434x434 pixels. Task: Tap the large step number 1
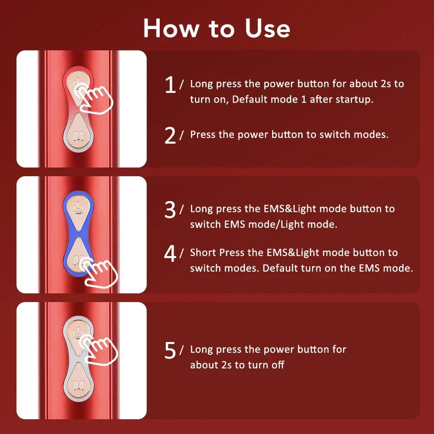[171, 85]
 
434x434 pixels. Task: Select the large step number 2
[171, 135]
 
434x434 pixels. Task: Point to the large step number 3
[171, 210]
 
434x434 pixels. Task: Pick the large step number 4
[171, 254]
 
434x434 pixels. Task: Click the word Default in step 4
[280, 268]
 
